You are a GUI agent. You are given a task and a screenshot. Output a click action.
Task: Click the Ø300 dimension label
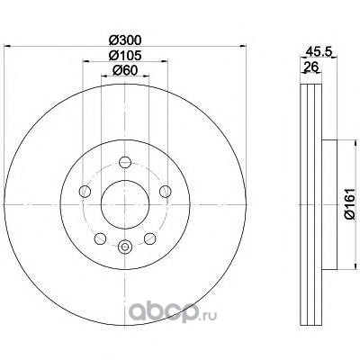point(125,40)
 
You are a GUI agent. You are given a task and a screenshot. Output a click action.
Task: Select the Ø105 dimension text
point(125,55)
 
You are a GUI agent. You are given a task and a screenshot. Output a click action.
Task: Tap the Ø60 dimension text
point(125,70)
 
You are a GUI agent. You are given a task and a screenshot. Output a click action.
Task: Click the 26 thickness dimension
point(310,67)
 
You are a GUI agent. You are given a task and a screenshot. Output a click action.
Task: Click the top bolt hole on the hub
point(125,162)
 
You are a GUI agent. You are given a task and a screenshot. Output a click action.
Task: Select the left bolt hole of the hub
point(85,192)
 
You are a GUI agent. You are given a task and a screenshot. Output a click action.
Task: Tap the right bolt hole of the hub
point(166,192)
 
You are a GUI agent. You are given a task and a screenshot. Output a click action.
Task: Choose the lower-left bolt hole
point(100,238)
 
